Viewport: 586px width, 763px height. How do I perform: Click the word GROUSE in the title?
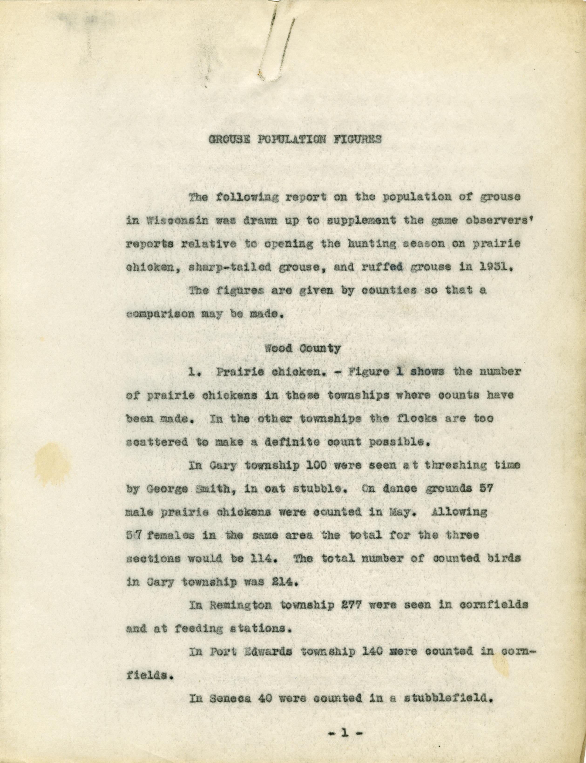[x=229, y=140]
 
